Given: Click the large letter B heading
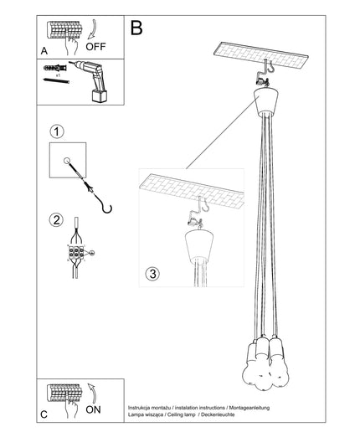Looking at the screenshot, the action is (x=136, y=28).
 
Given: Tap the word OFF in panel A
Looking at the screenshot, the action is (x=95, y=47).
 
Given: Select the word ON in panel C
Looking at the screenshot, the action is (x=93, y=409).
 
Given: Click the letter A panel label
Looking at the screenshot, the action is (x=44, y=51).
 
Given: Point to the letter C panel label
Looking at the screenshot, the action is (x=44, y=414).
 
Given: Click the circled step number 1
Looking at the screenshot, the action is (x=57, y=131).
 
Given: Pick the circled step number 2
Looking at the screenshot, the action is (x=56, y=220).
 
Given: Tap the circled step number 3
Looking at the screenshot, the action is (x=152, y=274).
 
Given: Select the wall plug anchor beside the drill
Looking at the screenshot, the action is (x=55, y=68).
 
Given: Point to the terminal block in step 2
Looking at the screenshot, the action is (x=76, y=253).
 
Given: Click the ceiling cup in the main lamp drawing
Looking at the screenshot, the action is (x=266, y=101).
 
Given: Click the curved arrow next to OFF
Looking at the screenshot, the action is (x=93, y=29).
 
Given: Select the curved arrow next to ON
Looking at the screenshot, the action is (x=93, y=393).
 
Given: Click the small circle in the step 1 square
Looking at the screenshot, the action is (x=67, y=161).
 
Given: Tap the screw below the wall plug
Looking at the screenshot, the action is (x=56, y=80).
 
